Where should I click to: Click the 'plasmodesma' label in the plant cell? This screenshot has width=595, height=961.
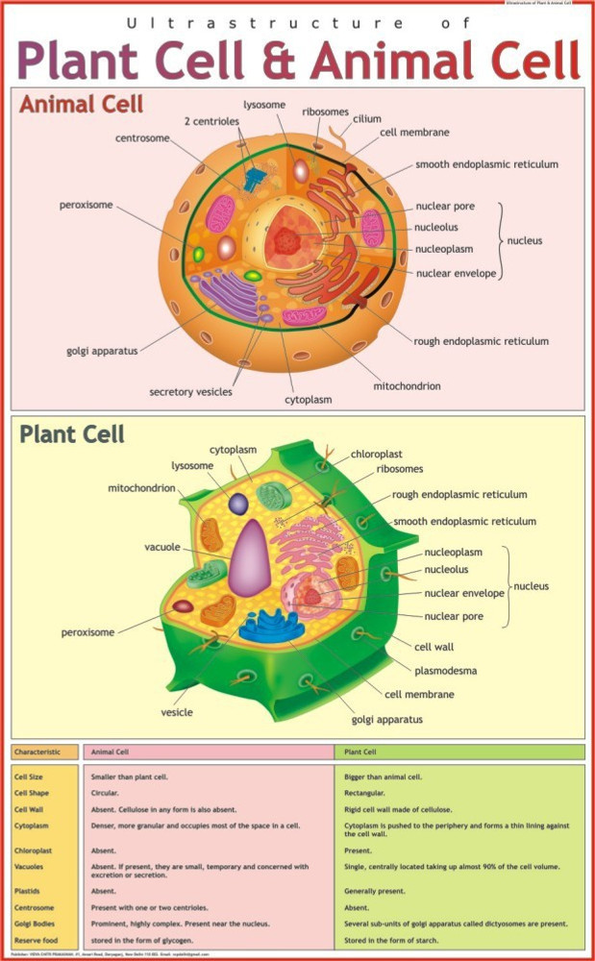(x=445, y=670)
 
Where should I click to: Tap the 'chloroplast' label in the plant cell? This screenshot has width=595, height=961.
(x=377, y=453)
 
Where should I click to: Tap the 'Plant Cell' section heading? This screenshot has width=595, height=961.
(x=72, y=434)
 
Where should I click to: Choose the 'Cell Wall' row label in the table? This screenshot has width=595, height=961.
(x=29, y=809)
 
